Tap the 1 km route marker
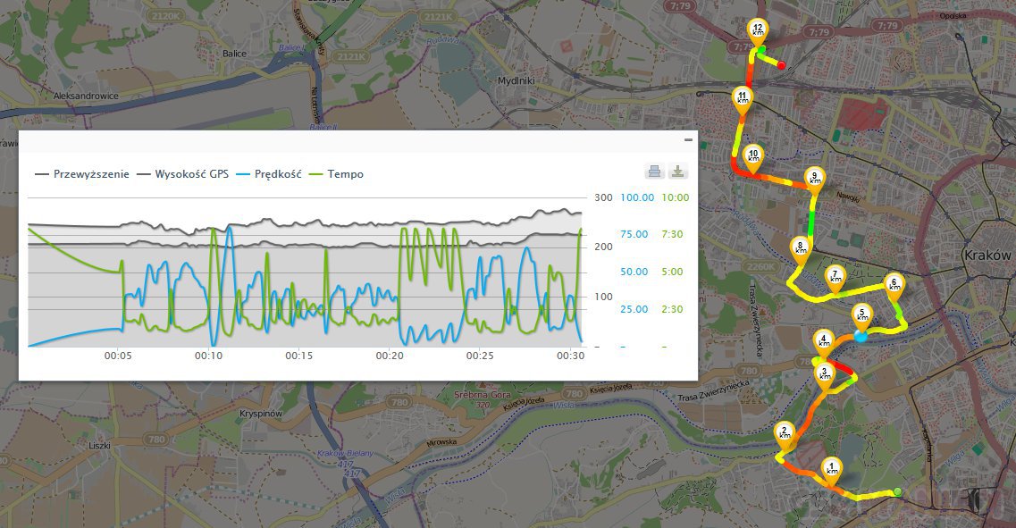[833, 469]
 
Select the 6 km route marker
[893, 286]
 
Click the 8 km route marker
[800, 248]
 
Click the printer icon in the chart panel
[654, 172]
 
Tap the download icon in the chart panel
[677, 172]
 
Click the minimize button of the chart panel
[688, 140]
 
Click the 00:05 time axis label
[118, 355]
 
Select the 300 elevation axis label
[603, 197]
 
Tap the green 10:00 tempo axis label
[675, 197]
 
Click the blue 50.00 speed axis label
[634, 272]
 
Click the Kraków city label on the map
[987, 255]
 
